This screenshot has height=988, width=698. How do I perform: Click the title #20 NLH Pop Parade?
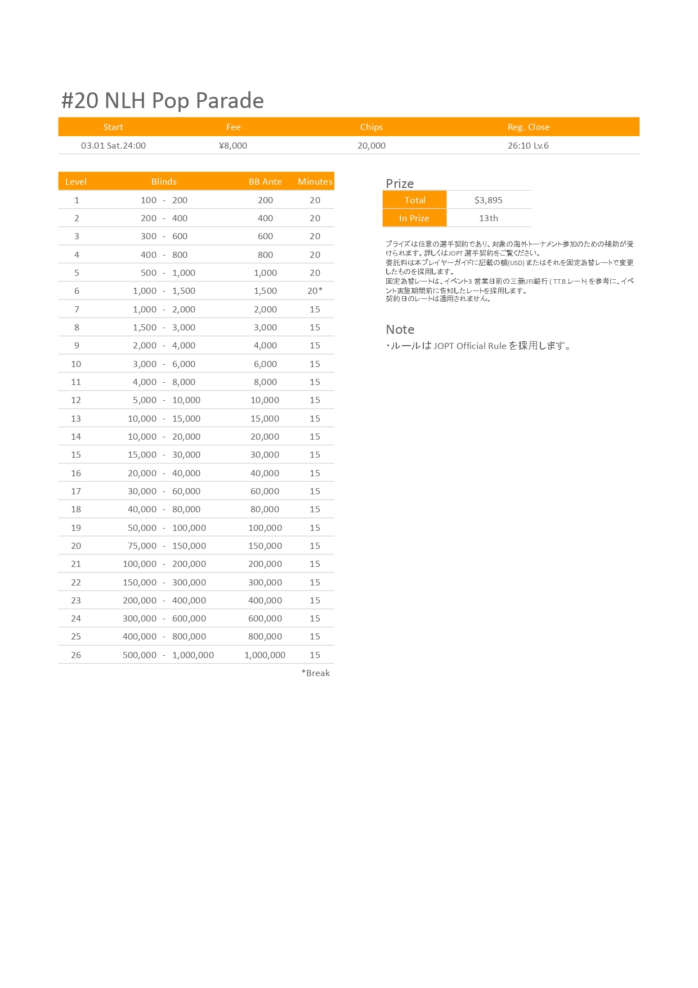click(162, 101)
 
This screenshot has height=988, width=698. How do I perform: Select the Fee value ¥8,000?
click(233, 145)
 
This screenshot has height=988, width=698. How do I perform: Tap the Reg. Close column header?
click(528, 127)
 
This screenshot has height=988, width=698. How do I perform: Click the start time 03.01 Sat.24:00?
click(113, 145)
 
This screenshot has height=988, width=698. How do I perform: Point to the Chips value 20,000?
click(372, 145)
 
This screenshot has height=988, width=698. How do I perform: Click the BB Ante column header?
click(265, 182)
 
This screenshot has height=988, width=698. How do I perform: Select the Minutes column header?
click(315, 182)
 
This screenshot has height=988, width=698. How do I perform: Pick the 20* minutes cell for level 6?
click(315, 291)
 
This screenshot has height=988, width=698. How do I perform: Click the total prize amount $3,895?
click(488, 200)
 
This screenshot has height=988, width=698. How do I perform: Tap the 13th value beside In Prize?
click(488, 218)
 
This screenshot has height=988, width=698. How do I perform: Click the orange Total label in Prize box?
click(415, 200)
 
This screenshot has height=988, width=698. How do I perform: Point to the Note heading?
click(400, 330)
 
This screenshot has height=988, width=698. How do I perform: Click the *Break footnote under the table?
click(316, 673)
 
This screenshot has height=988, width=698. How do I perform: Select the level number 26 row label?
click(76, 655)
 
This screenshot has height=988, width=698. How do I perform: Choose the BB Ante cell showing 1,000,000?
click(265, 655)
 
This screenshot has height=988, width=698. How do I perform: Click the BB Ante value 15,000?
click(265, 419)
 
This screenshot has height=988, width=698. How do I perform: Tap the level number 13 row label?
click(76, 419)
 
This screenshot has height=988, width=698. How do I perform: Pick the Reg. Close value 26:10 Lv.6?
click(528, 145)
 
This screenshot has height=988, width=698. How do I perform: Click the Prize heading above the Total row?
click(400, 184)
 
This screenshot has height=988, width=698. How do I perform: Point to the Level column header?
click(76, 182)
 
